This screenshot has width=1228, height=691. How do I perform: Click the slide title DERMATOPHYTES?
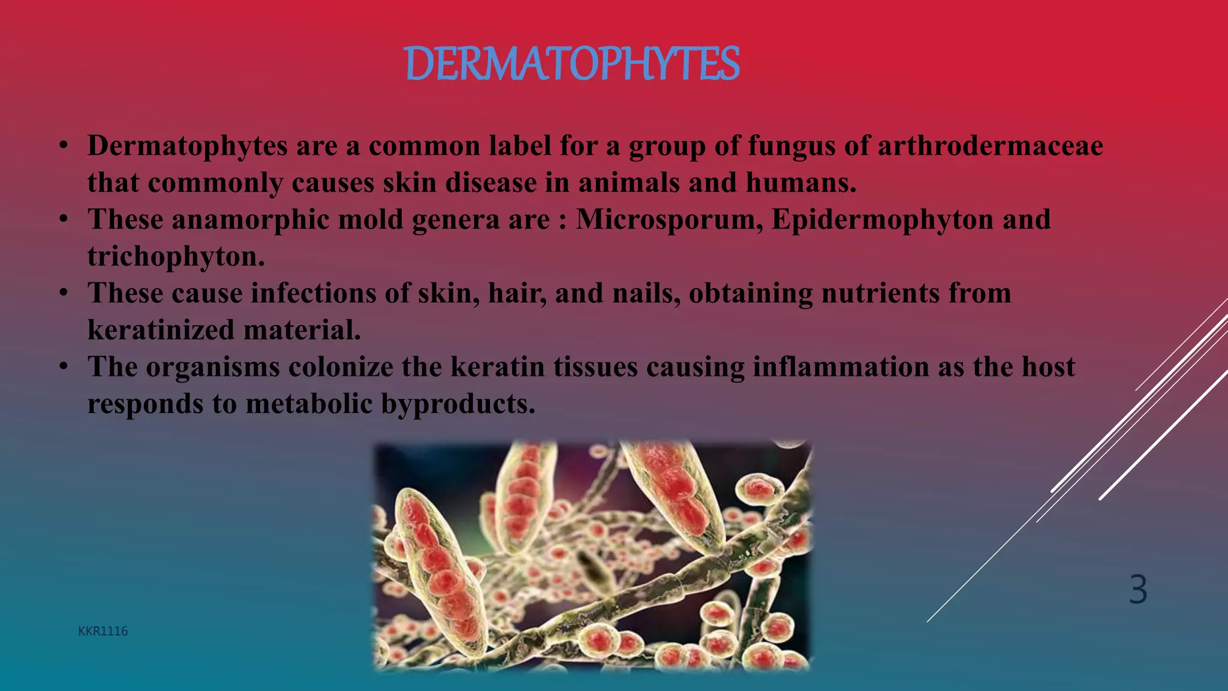point(572,64)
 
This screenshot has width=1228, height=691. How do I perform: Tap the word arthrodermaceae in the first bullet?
point(990,146)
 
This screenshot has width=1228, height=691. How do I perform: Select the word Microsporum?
point(669,220)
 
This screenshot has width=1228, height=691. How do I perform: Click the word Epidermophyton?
point(882,220)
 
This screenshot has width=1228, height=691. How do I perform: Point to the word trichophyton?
point(175,257)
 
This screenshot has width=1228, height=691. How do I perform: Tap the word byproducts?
point(458,404)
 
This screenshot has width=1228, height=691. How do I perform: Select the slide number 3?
point(1138,589)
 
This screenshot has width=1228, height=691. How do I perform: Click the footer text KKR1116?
point(103,631)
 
